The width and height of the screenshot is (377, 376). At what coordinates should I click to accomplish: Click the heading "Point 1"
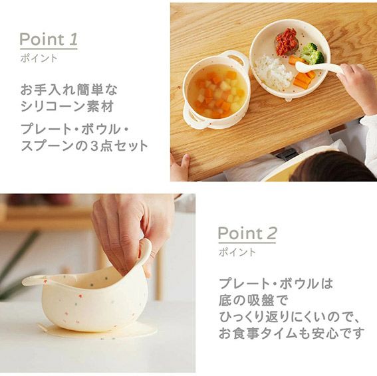pyautogui.click(x=49, y=39)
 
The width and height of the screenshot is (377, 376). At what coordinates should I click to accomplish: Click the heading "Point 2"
pyautogui.click(x=247, y=233)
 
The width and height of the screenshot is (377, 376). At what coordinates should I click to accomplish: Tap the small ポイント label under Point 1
pyautogui.click(x=39, y=58)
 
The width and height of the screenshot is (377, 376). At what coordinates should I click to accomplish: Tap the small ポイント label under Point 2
pyautogui.click(x=237, y=252)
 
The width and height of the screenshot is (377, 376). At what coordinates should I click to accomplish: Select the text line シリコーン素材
pyautogui.click(x=67, y=106)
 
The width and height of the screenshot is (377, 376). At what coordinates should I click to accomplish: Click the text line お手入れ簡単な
pyautogui.click(x=69, y=90)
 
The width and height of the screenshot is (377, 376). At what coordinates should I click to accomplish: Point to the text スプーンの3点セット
pyautogui.click(x=84, y=145)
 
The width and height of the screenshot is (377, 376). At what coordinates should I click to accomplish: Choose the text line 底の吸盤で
pyautogui.click(x=253, y=300)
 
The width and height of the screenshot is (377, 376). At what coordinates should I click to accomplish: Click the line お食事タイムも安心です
pyautogui.click(x=292, y=333)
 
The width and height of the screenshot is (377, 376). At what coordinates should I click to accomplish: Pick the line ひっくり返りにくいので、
pyautogui.click(x=289, y=317)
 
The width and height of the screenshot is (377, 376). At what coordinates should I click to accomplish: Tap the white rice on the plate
pyautogui.click(x=273, y=71)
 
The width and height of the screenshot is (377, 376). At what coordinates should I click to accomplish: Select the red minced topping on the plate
pyautogui.click(x=287, y=41)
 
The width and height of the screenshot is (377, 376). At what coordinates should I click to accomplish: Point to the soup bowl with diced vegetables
pyautogui.click(x=215, y=90)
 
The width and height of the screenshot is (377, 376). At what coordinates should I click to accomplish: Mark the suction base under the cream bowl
pyautogui.click(x=97, y=329)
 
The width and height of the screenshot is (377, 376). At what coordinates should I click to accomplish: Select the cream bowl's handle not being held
pyautogui.click(x=36, y=280)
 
